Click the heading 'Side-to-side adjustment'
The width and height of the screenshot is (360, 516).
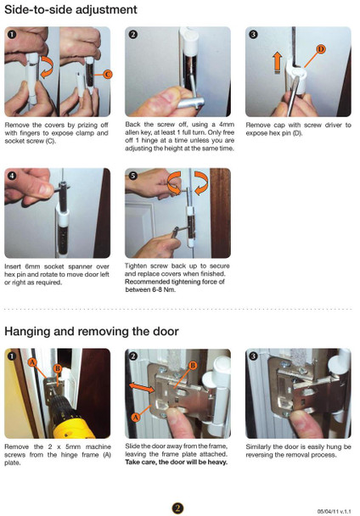pos(70,10)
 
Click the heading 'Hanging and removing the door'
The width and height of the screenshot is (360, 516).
pos(95,330)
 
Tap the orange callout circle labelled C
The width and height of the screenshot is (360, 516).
pos(107,75)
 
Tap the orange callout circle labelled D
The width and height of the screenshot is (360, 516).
pos(320,50)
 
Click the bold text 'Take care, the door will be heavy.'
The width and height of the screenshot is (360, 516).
pos(176,463)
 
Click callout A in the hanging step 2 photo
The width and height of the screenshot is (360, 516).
pos(138,418)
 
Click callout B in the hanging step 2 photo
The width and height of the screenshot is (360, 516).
pos(193,365)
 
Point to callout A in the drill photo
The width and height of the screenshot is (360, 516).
pos(32,361)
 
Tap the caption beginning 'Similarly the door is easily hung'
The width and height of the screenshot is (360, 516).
pos(298,451)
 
